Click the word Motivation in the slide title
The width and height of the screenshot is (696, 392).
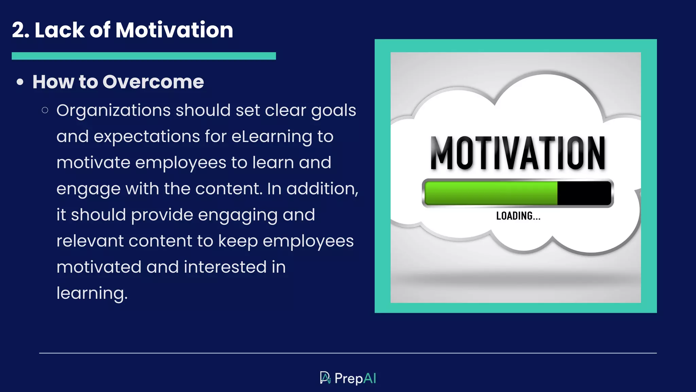pos(174,30)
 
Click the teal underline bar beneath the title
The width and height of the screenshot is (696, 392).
pos(143,56)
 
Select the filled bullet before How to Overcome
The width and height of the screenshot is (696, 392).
pos(20,82)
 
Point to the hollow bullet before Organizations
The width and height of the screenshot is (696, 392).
pos(45,110)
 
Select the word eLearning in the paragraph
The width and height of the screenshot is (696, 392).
pos(272,136)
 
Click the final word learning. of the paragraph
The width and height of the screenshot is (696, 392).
pos(92,293)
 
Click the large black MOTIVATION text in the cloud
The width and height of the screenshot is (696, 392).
pos(518,153)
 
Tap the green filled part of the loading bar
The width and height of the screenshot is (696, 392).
pos(491,193)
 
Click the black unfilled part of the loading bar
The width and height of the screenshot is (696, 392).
pos(584,193)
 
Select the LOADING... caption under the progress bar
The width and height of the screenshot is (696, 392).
pos(518,216)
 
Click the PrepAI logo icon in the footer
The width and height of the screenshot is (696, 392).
pos(325,378)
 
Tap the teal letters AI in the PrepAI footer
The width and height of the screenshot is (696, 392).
pos(370,378)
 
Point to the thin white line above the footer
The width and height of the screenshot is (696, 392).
pos(348,353)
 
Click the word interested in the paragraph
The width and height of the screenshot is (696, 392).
pos(225,267)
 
